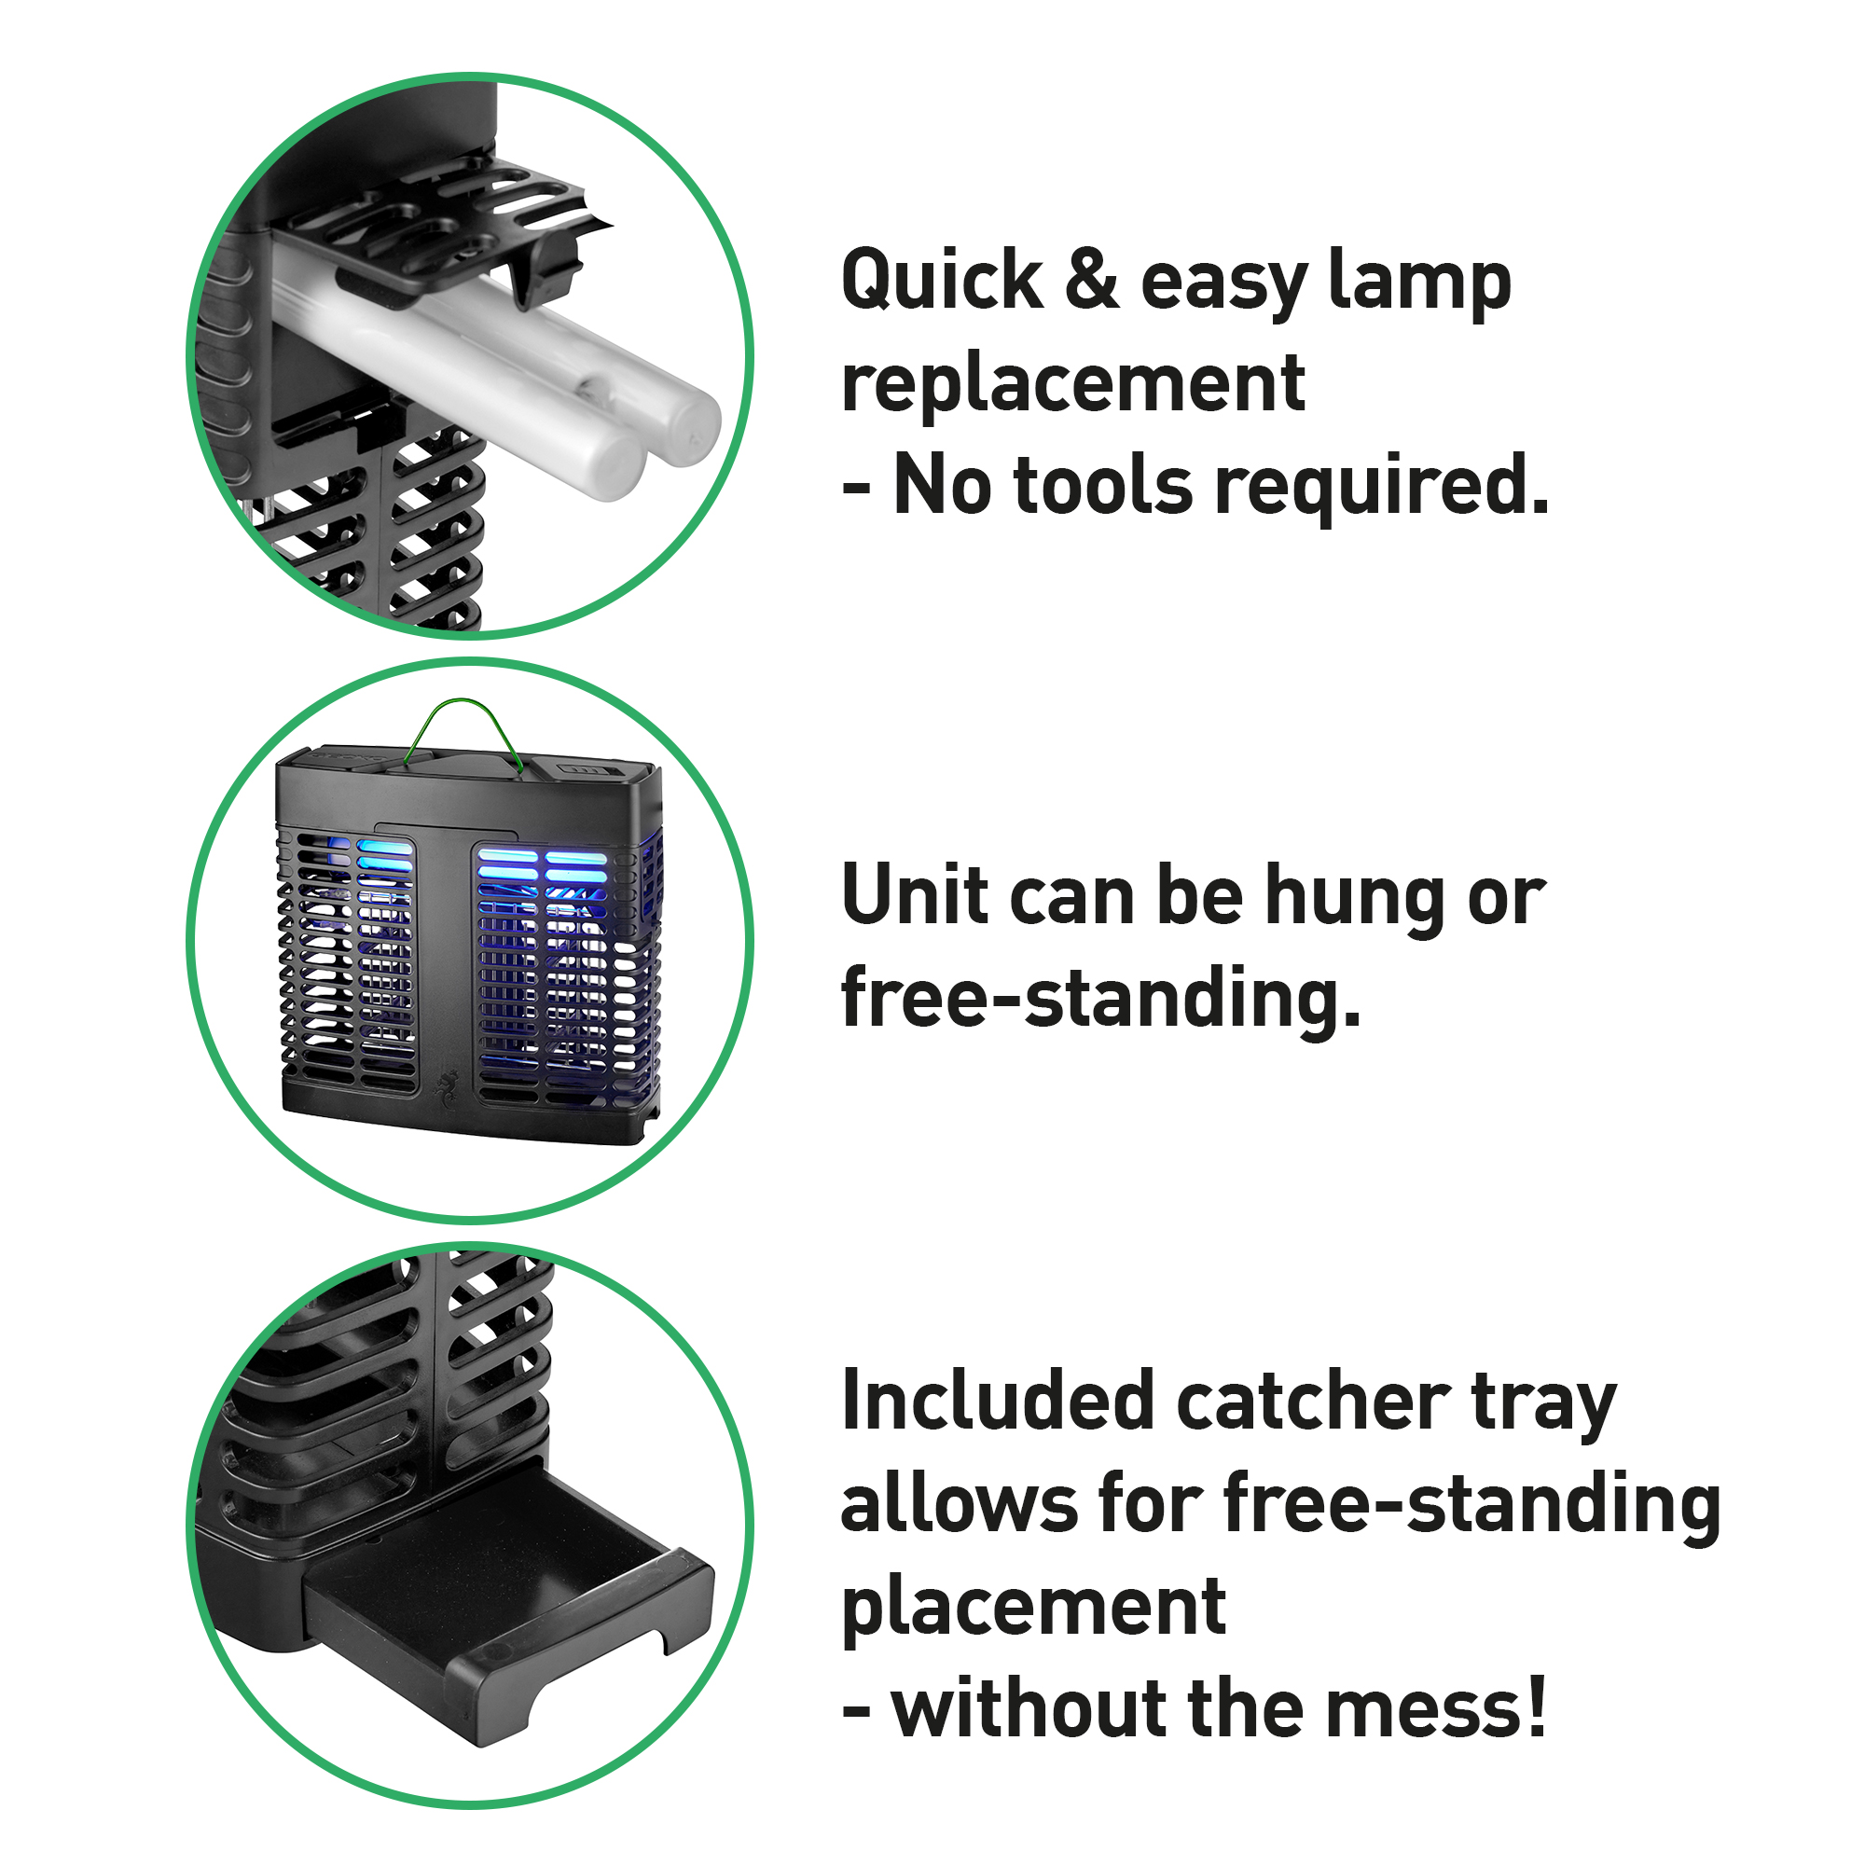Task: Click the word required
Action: (1380, 489)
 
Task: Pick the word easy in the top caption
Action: (1224, 285)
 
